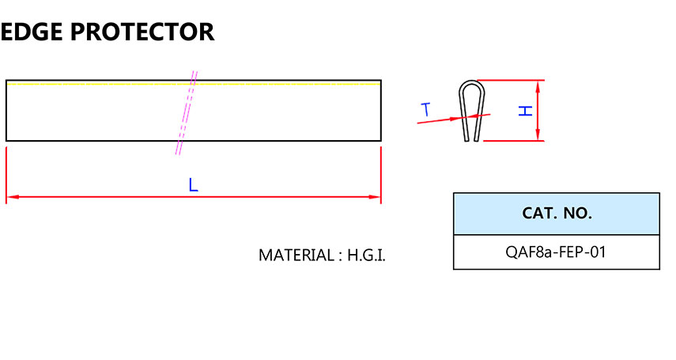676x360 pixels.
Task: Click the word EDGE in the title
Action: click(x=29, y=32)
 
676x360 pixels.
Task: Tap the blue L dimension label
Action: click(x=193, y=185)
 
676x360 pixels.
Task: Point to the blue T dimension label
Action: click(x=426, y=109)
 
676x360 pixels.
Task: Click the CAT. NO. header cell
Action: click(x=557, y=214)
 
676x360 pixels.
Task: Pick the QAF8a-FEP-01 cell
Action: click(x=557, y=252)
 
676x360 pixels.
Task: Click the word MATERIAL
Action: click(x=296, y=256)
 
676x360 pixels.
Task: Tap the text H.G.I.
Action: click(x=367, y=256)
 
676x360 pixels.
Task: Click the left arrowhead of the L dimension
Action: click(x=11, y=197)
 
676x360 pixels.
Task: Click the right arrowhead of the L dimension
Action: click(x=376, y=197)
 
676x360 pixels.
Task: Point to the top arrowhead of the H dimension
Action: click(x=539, y=84)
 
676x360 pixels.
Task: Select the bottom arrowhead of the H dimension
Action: click(x=539, y=136)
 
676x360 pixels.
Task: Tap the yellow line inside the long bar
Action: click(x=95, y=83)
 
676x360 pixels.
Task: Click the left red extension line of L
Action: click(x=6, y=174)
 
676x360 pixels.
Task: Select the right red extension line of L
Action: click(x=381, y=174)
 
